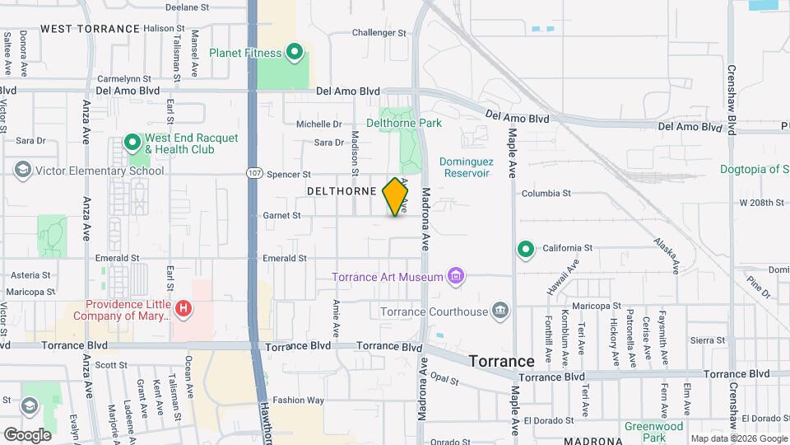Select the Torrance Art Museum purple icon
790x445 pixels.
455,277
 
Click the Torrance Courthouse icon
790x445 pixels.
500,311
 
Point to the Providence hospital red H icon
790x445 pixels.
184,309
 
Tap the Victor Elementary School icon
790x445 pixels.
23,170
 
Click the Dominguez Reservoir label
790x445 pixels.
465,167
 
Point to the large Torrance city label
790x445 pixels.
501,361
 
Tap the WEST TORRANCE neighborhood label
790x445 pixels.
91,29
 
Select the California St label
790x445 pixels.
567,248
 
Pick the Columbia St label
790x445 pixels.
546,194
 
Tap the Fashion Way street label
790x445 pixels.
297,400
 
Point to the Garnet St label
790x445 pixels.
281,216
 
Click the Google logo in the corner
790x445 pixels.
26,434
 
